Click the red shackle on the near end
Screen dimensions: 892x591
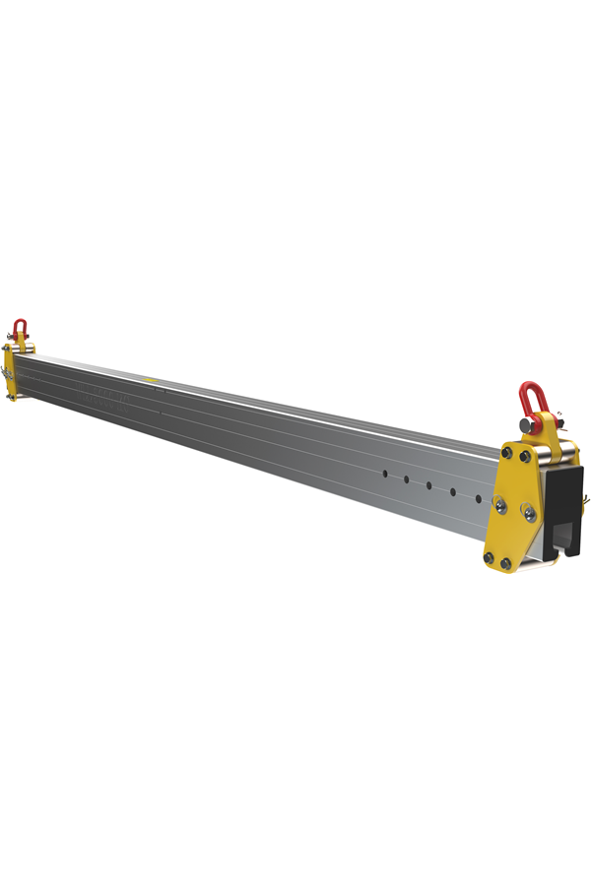coord(532,399)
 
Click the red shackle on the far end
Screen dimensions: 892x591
coord(20,328)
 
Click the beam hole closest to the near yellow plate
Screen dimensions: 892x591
coord(479,499)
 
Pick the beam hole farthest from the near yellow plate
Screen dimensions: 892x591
coord(384,474)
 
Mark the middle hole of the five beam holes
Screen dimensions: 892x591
coord(429,485)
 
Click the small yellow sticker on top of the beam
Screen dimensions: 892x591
coord(151,378)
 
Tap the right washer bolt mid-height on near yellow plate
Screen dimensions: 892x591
coord(528,511)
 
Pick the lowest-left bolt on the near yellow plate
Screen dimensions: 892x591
coord(488,558)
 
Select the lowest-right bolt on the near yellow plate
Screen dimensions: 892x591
coord(506,563)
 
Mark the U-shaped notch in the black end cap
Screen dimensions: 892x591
coord(567,537)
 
